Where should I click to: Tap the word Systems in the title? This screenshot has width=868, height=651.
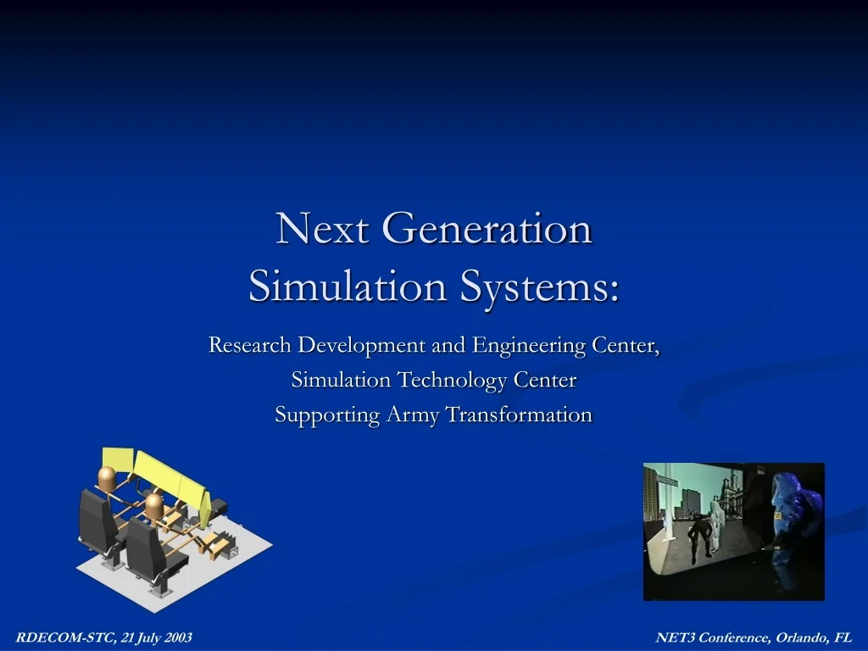(x=539, y=287)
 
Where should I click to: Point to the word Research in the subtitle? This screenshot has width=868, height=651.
(x=250, y=346)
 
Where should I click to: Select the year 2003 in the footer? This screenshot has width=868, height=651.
(x=177, y=637)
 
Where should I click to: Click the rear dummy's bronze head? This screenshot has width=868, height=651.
(x=108, y=478)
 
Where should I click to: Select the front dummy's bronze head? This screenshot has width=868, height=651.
(x=153, y=507)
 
